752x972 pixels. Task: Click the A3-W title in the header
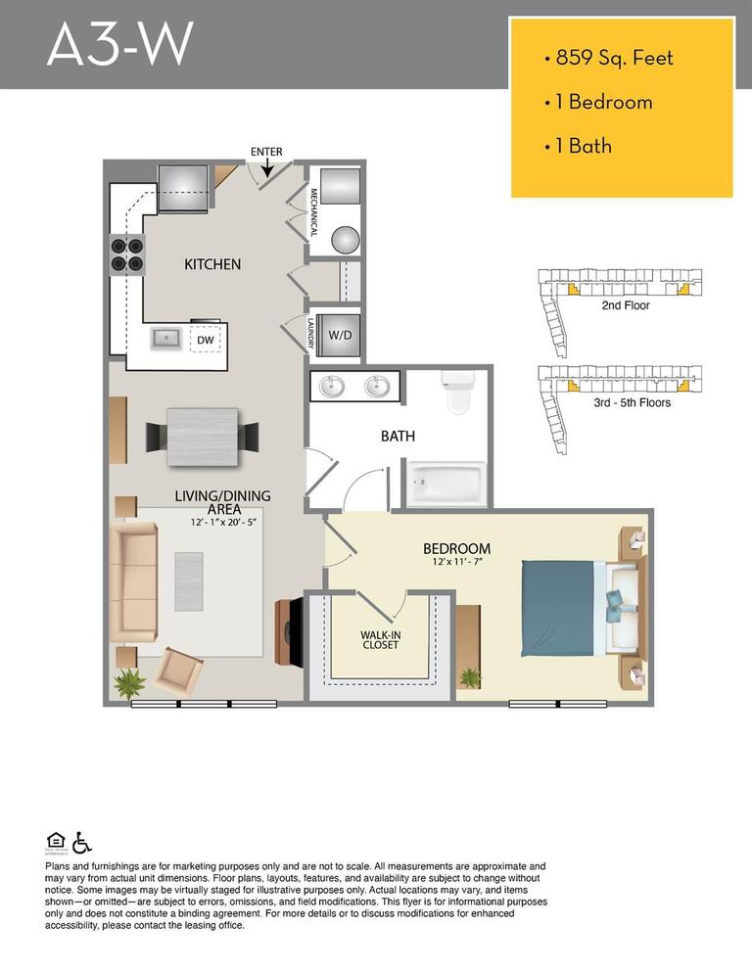click(x=119, y=45)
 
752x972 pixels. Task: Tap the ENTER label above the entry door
click(x=266, y=152)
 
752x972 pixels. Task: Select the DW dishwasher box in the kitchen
click(x=206, y=340)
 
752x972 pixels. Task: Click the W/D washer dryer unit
click(x=340, y=335)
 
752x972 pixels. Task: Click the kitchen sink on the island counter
click(x=164, y=339)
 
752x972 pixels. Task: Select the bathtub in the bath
click(x=447, y=484)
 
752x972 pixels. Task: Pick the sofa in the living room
click(x=133, y=583)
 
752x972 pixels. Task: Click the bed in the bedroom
click(x=573, y=607)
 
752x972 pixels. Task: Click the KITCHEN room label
click(x=212, y=264)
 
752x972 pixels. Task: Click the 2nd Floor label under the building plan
click(x=625, y=305)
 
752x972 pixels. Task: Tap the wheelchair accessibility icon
click(x=81, y=842)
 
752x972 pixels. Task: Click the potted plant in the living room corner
click(x=127, y=681)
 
